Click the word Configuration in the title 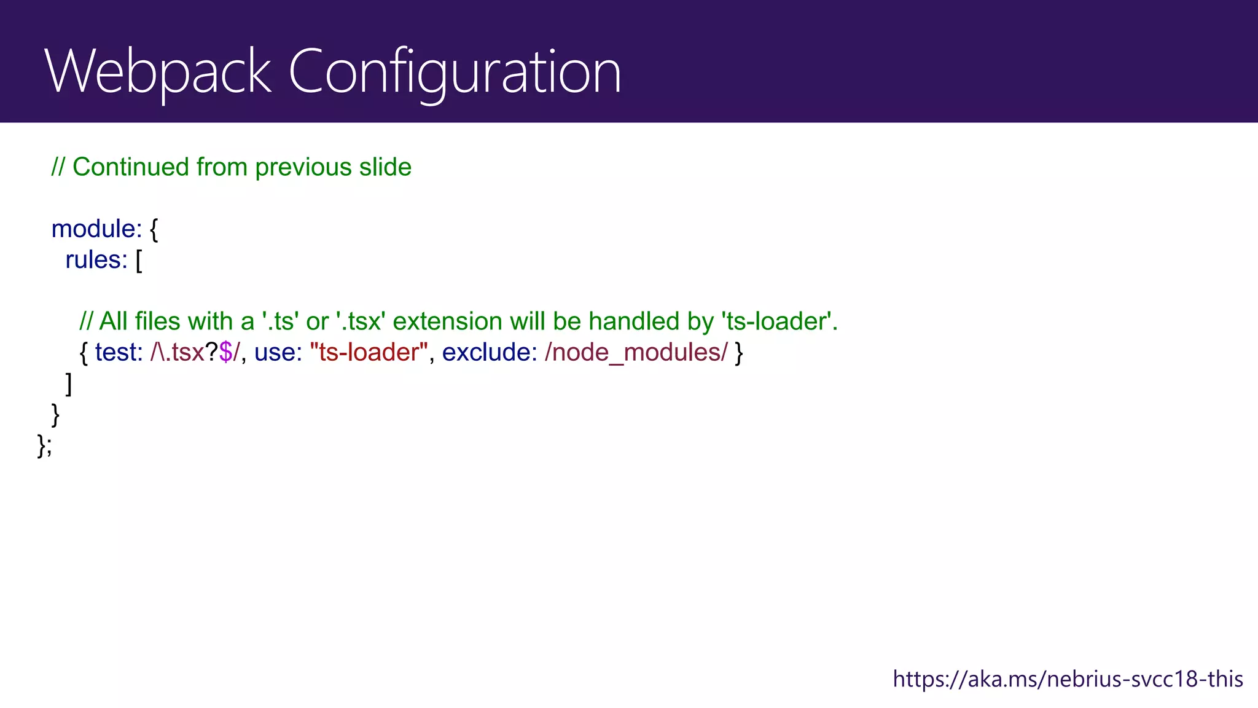pyautogui.click(x=455, y=73)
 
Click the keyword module pyautogui.click(x=96, y=229)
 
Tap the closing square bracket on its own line pyautogui.click(x=69, y=384)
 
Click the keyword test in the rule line pyautogui.click(x=118, y=353)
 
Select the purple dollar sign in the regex pyautogui.click(x=225, y=353)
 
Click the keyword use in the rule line pyautogui.click(x=277, y=353)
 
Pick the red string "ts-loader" pyautogui.click(x=369, y=353)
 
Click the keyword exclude pyautogui.click(x=489, y=353)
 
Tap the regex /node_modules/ pyautogui.click(x=636, y=353)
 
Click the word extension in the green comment pyautogui.click(x=447, y=321)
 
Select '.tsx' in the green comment pyautogui.click(x=361, y=321)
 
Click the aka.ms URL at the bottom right pyautogui.click(x=1068, y=679)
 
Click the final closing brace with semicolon pyautogui.click(x=44, y=446)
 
